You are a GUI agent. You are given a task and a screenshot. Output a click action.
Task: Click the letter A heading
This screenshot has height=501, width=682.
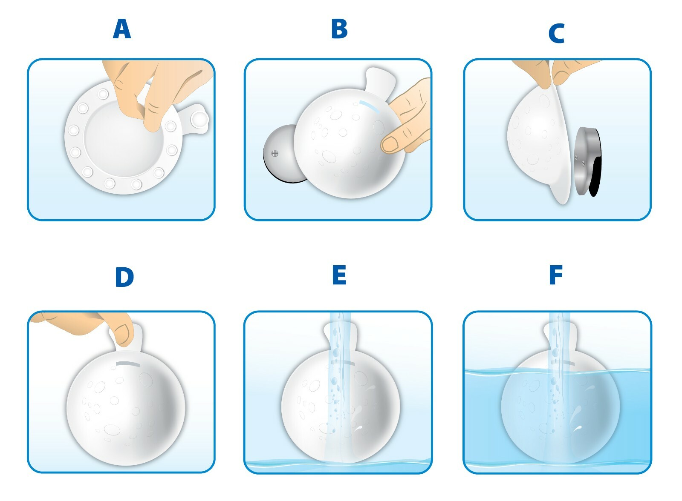(122, 29)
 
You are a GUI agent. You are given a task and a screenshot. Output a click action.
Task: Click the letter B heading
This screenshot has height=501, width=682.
(339, 29)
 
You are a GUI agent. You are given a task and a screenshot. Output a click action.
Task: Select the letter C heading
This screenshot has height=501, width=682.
(556, 34)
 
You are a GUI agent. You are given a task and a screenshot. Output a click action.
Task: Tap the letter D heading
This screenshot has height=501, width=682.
(124, 277)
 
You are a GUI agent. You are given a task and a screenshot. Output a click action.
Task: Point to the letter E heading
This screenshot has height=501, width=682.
(339, 275)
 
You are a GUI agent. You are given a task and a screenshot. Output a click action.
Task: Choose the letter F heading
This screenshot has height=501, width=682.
(556, 275)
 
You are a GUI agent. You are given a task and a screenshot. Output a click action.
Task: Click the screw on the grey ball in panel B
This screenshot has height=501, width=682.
(275, 154)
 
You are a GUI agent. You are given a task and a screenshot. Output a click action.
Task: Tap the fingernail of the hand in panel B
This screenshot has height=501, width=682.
(390, 143)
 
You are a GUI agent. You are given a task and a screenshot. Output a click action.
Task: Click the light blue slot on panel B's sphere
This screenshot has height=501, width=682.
(370, 106)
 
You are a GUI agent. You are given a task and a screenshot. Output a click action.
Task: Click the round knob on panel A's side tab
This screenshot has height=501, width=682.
(199, 119)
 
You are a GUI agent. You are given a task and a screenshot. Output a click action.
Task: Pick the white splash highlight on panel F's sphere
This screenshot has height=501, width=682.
(578, 428)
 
